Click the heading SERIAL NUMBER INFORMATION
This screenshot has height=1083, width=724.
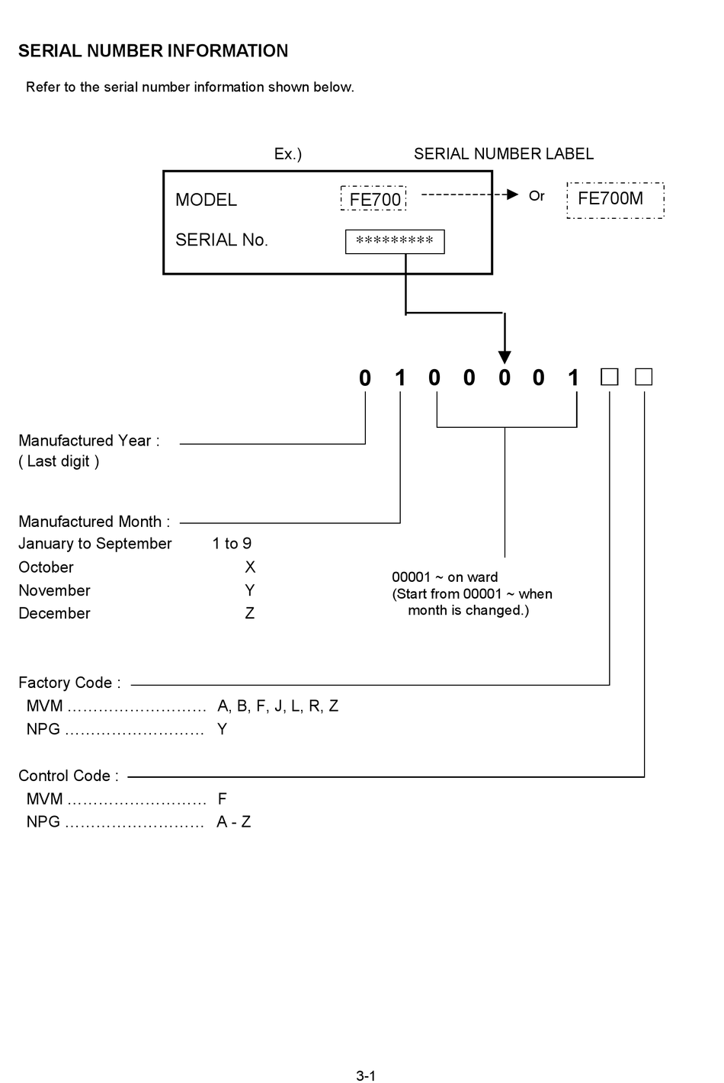coord(153,51)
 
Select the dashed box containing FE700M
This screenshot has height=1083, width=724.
coord(615,200)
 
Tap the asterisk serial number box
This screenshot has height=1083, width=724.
coord(395,241)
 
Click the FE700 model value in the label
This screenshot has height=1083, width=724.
coord(374,200)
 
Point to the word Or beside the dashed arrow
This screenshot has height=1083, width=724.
coord(537,196)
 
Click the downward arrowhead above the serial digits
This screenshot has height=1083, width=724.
coord(505,357)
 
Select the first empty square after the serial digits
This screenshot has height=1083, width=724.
coord(610,377)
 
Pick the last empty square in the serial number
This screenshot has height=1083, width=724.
coord(644,377)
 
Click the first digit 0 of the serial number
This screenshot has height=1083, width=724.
coord(365,378)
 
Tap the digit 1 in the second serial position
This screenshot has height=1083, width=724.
coord(400,378)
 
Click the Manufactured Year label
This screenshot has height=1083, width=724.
coord(89,441)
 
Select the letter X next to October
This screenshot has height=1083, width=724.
coord(250,567)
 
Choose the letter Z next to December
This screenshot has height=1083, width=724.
coord(250,613)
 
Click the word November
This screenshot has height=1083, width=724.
coord(54,590)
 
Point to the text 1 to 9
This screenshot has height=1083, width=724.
coord(232,544)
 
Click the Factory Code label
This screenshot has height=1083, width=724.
coord(69,683)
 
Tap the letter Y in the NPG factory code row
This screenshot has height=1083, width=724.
coord(222,729)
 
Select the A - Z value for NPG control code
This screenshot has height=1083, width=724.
coord(233,822)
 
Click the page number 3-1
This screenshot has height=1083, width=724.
coord(366,1076)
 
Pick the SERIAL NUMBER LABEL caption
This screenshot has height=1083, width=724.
coord(503,154)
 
